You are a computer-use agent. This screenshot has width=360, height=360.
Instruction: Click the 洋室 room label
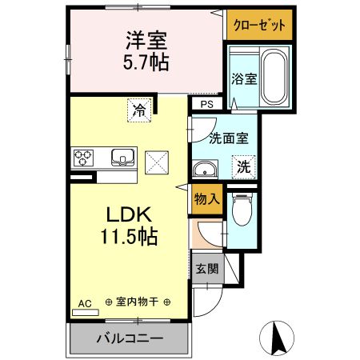coord(145,38)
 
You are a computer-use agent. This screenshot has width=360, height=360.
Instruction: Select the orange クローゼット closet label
coord(259,26)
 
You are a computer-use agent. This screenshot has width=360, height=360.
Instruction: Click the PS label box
coord(206,104)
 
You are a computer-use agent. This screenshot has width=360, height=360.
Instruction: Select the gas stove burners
coord(83,158)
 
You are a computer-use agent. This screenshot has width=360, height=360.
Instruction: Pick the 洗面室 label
coord(228,137)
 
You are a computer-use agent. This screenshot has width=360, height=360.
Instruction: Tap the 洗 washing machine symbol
coord(245,168)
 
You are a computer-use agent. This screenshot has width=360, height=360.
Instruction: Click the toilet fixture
coord(242,210)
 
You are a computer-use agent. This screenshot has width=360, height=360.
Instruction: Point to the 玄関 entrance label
coord(206,269)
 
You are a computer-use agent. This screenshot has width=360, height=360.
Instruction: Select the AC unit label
coord(86,303)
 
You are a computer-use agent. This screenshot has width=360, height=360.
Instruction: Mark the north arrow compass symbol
coord(278,338)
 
